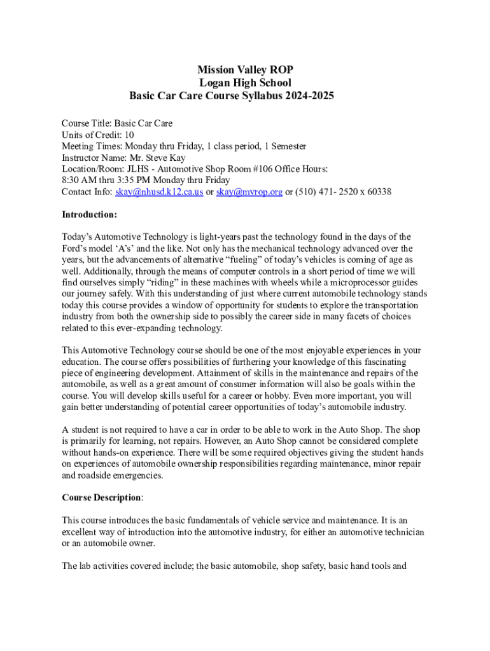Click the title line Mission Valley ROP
pyautogui.click(x=245, y=70)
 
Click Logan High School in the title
pyautogui.click(x=245, y=83)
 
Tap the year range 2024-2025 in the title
pyautogui.click(x=311, y=97)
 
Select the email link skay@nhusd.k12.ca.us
pyautogui.click(x=159, y=192)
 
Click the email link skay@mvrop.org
pyautogui.click(x=249, y=192)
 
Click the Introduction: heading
pyautogui.click(x=89, y=215)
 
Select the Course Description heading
pyautogui.click(x=101, y=497)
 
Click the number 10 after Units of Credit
pyautogui.click(x=129, y=135)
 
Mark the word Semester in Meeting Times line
pyautogui.click(x=285, y=146)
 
